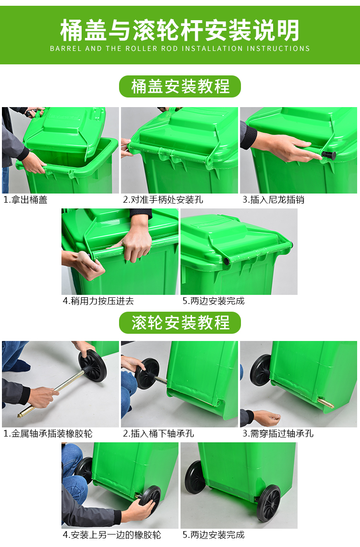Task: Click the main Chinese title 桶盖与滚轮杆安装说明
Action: (x=180, y=30)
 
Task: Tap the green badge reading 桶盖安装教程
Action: (x=180, y=86)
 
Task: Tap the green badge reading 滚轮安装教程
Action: (x=180, y=323)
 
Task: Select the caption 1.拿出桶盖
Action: (x=25, y=200)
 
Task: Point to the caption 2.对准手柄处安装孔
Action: (x=163, y=200)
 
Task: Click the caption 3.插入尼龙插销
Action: (x=274, y=200)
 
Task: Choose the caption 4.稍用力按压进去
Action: (x=98, y=301)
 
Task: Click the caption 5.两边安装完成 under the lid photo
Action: (x=214, y=301)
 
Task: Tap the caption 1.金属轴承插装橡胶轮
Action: (x=48, y=434)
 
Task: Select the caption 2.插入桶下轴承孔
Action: (x=158, y=434)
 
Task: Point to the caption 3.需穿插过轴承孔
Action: (x=278, y=434)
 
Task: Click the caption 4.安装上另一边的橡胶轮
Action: (x=112, y=535)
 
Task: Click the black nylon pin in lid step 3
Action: (x=329, y=155)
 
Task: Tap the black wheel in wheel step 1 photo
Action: (x=93, y=365)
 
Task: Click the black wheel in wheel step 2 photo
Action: (x=147, y=374)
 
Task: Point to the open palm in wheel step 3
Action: (x=267, y=418)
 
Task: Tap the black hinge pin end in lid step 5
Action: (x=227, y=262)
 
